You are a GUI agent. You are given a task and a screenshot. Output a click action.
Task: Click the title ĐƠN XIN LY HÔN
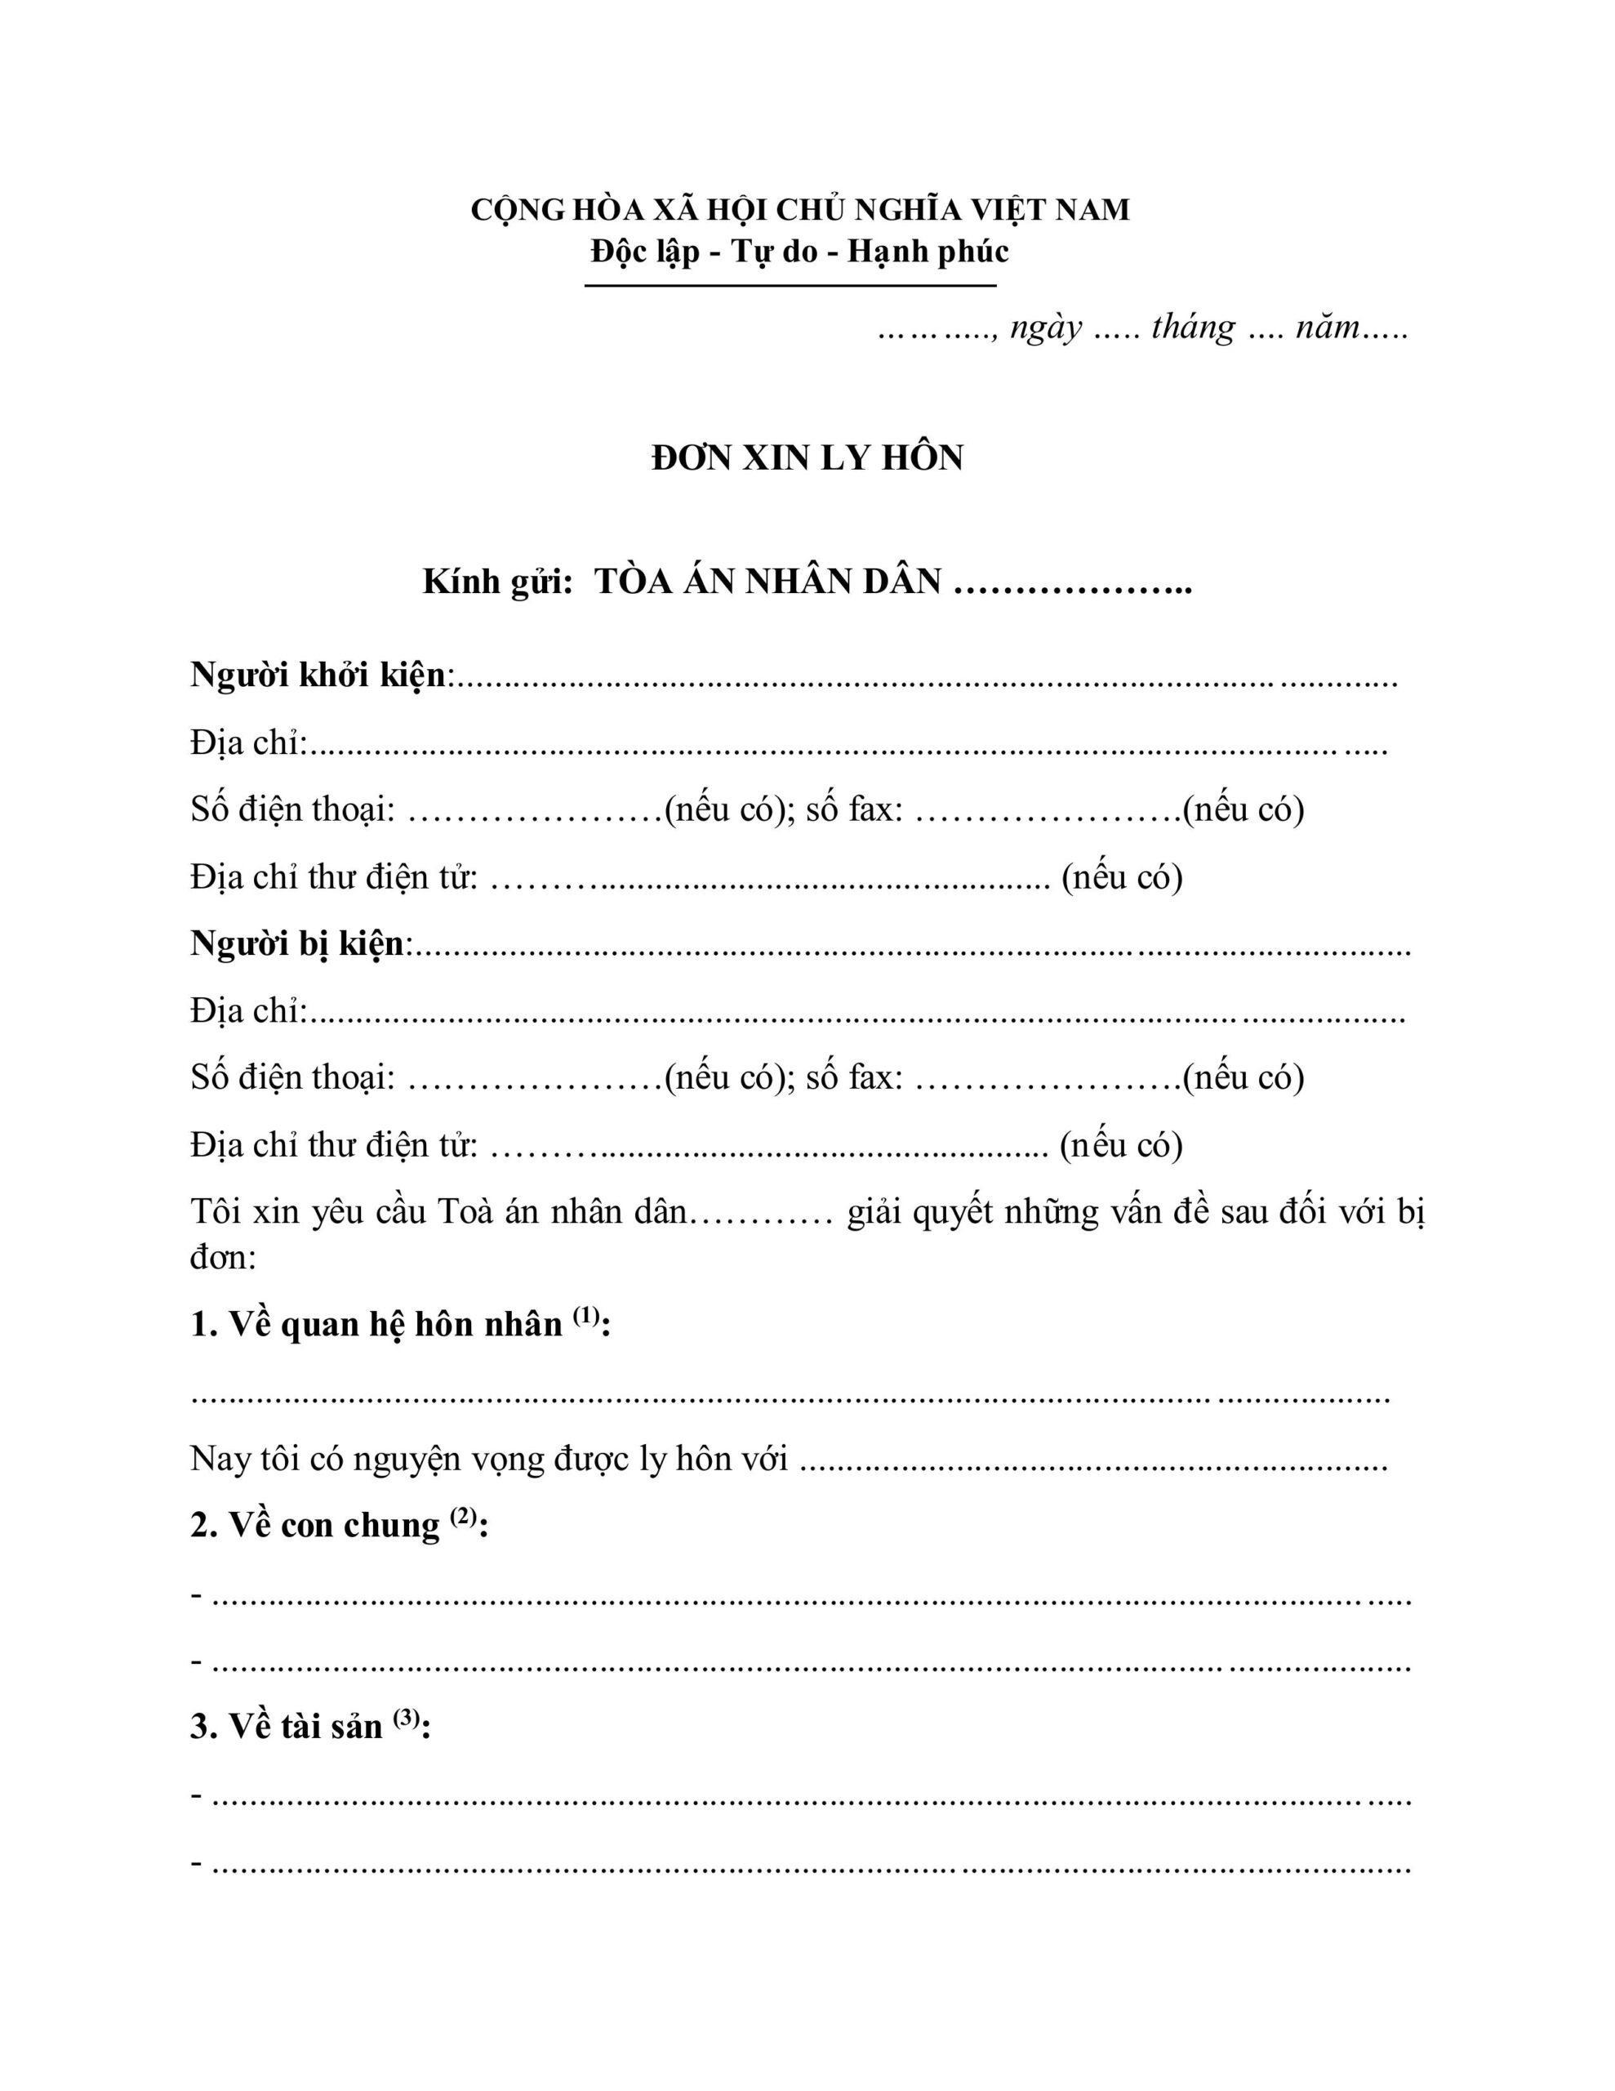807,458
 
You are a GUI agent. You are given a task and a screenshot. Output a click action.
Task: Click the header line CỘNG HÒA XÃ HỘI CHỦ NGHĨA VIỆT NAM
800,210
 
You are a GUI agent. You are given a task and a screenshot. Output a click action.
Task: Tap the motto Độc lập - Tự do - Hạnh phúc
800,252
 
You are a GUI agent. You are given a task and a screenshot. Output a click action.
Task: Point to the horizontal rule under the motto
790,285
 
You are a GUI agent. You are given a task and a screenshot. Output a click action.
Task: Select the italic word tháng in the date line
1194,328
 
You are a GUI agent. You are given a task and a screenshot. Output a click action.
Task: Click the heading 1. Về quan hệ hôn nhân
376,1325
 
